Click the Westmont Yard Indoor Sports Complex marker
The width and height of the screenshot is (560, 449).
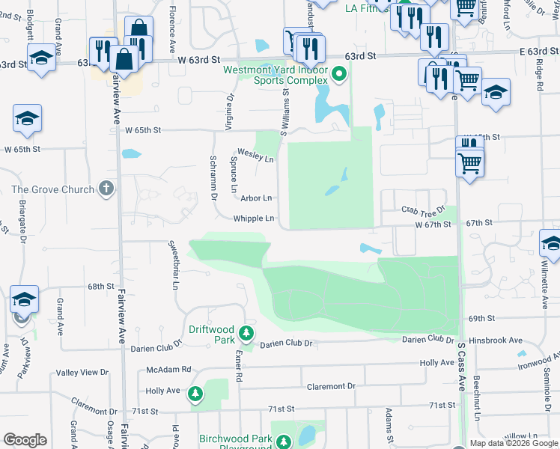pyautogui.click(x=338, y=74)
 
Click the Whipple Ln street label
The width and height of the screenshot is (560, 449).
pyautogui.click(x=254, y=219)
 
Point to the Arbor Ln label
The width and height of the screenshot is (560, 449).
pyautogui.click(x=255, y=198)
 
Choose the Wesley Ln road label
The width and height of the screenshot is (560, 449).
pyautogui.click(x=256, y=159)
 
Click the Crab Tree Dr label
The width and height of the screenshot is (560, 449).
pyautogui.click(x=423, y=212)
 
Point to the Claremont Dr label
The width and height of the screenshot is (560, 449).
pyautogui.click(x=330, y=386)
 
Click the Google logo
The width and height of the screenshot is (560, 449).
pyautogui.click(x=25, y=440)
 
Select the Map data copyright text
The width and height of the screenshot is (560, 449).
pyautogui.click(x=514, y=443)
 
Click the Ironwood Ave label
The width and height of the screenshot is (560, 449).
pyautogui.click(x=538, y=361)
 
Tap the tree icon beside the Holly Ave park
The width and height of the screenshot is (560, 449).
pyautogui.click(x=195, y=393)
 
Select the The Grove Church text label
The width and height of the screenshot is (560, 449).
pyautogui.click(x=52, y=189)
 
